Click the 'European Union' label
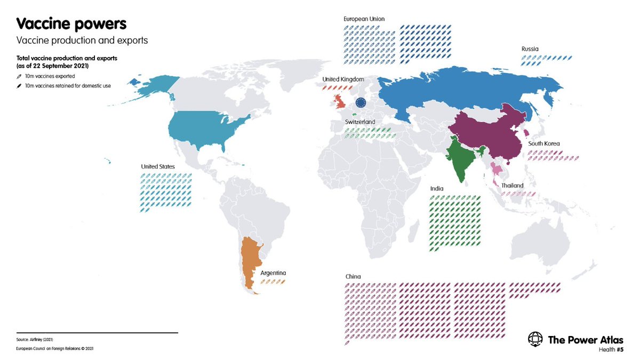click(x=364, y=19)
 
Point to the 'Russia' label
click(x=530, y=49)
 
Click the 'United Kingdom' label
click(x=343, y=79)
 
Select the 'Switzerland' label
click(x=359, y=122)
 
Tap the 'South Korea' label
click(x=543, y=143)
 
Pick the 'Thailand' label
click(x=512, y=186)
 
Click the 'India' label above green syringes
click(x=437, y=189)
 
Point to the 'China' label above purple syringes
click(x=353, y=276)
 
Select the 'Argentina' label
click(x=273, y=273)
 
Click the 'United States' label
click(x=158, y=167)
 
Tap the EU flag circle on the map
click(x=361, y=103)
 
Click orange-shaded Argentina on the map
click(x=249, y=261)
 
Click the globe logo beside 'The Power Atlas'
click(x=535, y=339)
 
